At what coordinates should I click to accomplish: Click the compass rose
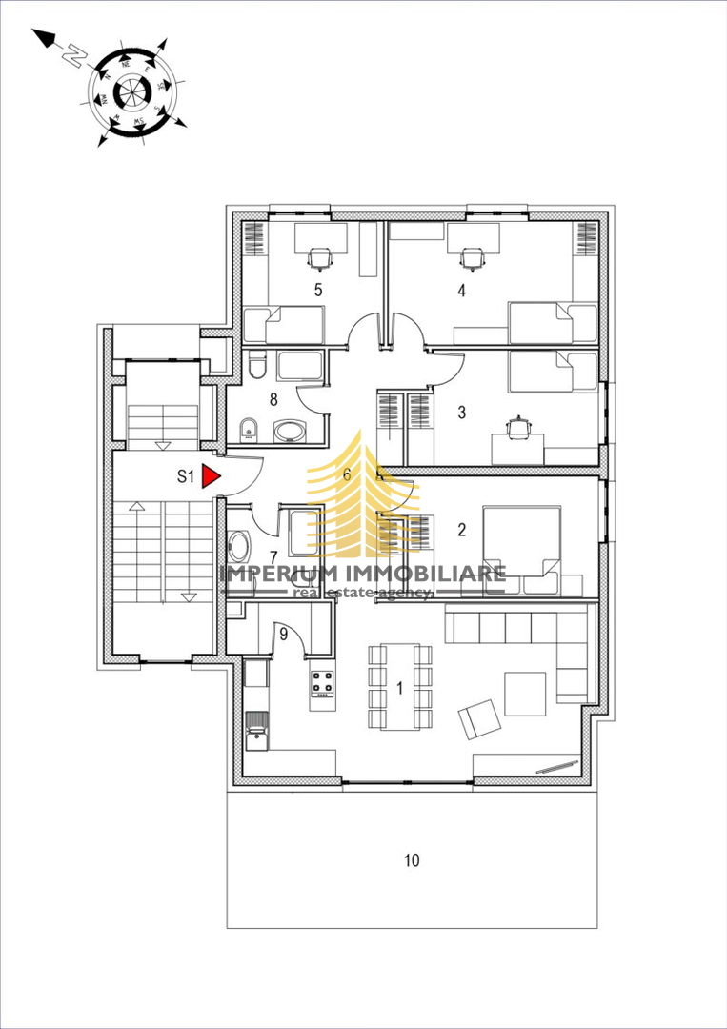tap(131, 91)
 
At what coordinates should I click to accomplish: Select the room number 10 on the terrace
tap(411, 860)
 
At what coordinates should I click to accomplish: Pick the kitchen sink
tap(257, 733)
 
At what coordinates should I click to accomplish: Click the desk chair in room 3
tap(519, 427)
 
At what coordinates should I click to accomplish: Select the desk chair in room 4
tap(471, 255)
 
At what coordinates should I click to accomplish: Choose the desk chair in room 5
tap(320, 255)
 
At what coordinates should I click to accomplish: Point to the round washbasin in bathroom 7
tap(238, 546)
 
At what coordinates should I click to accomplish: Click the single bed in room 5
tap(284, 325)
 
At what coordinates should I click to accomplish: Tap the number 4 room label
tap(462, 291)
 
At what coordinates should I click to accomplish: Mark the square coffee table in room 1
tap(525, 694)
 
